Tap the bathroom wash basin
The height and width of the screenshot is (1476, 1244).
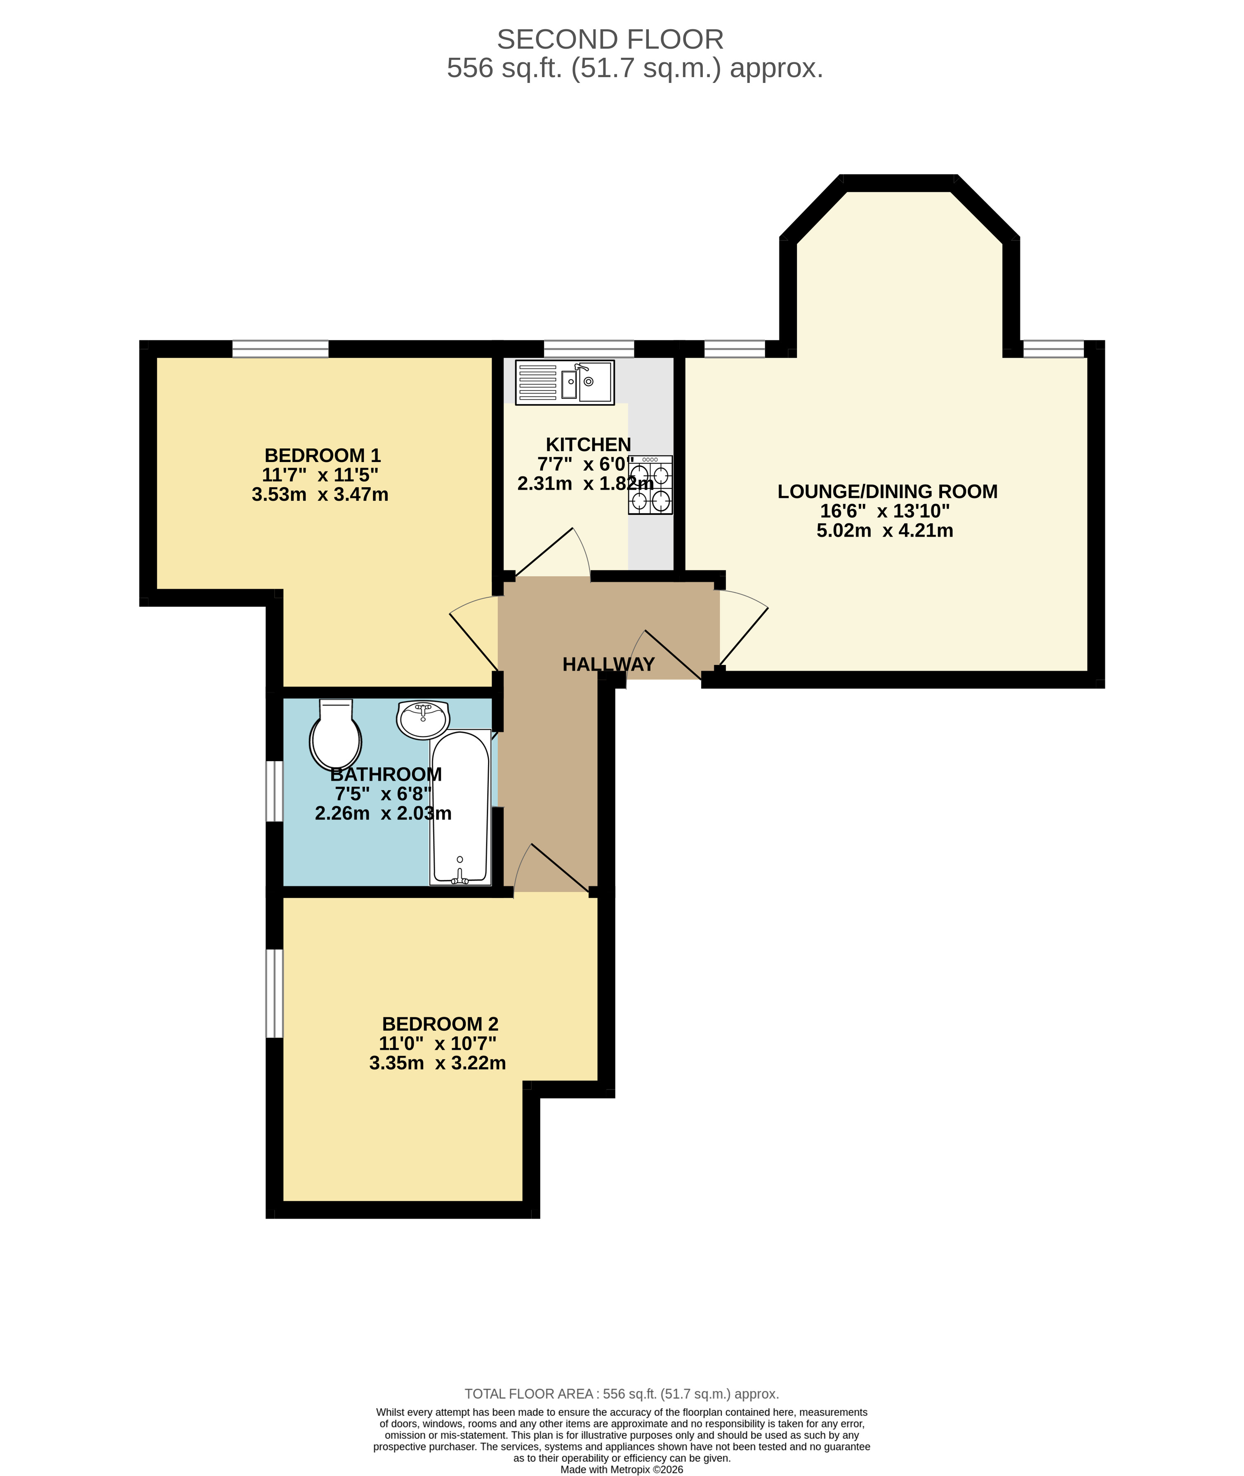(x=422, y=719)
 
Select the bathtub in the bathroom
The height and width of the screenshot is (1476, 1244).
(x=460, y=807)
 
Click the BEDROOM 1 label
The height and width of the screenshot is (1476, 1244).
(x=322, y=455)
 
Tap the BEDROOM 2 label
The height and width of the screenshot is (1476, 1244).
(x=440, y=1024)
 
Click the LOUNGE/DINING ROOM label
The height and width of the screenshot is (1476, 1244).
(x=887, y=492)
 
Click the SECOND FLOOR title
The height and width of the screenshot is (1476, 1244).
(x=610, y=40)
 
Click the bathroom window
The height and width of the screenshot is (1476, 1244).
(x=274, y=791)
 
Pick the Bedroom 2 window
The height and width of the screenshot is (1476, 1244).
(x=274, y=994)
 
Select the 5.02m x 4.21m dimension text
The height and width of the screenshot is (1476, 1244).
(x=884, y=531)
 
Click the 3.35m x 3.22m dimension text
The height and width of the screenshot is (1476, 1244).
(x=437, y=1063)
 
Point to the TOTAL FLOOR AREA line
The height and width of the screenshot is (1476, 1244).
(x=621, y=1394)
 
